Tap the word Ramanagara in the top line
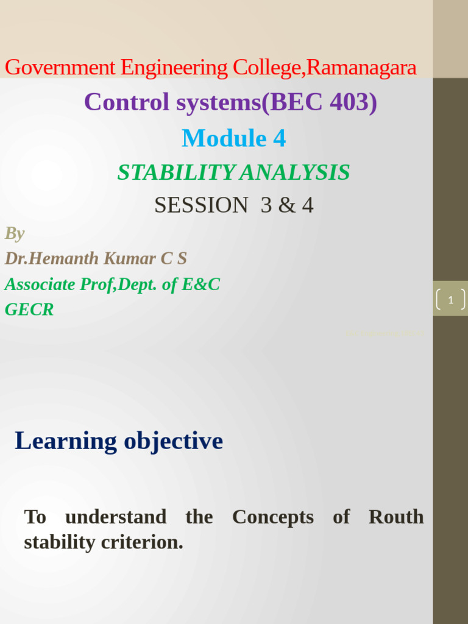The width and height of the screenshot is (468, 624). pos(361,68)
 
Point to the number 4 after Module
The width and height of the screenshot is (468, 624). pos(279,138)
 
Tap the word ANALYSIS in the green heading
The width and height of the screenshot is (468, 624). pos(295,172)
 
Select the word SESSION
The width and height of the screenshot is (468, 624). pos(201,205)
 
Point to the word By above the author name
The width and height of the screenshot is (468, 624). pos(15,233)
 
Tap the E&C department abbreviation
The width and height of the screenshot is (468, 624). pos(200,284)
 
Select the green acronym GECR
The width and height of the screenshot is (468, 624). pos(29,310)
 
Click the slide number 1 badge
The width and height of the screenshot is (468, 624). pos(450,299)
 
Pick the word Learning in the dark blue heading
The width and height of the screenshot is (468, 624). pos(66,441)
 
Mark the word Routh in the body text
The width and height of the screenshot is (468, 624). pos(396,517)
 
